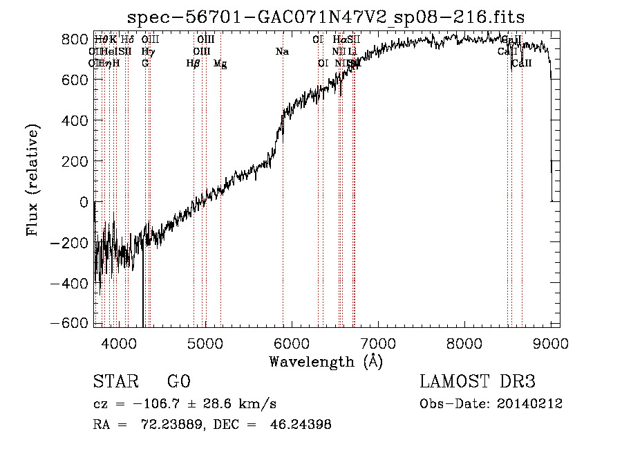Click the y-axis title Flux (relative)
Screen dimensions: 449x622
(32, 181)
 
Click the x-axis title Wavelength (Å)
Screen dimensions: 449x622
(326, 361)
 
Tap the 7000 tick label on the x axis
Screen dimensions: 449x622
(378, 343)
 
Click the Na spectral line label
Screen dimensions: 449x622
(282, 51)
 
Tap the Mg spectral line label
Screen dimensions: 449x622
(220, 64)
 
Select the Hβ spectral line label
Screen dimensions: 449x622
(194, 64)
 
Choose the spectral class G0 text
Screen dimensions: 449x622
(179, 382)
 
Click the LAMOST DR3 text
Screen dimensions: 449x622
(478, 382)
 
